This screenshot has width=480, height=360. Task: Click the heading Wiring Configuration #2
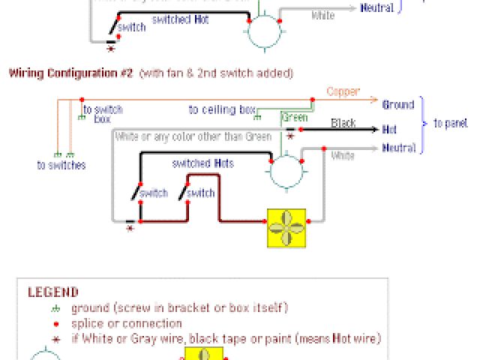pos(70,73)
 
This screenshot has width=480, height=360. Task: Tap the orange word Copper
pos(343,92)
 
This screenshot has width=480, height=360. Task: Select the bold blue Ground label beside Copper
pos(399,105)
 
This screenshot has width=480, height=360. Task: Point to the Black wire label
pos(343,123)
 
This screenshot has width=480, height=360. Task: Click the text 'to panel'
pos(450,122)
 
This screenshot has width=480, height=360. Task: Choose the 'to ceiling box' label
pos(222,109)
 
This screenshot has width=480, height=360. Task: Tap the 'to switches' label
pos(61,164)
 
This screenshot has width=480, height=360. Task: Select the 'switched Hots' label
pos(202,163)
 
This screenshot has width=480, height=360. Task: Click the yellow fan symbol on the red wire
pos(288,227)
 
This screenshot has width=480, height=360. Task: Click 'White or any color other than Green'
pos(193,137)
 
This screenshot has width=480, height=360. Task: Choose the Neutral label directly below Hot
pos(399,148)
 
